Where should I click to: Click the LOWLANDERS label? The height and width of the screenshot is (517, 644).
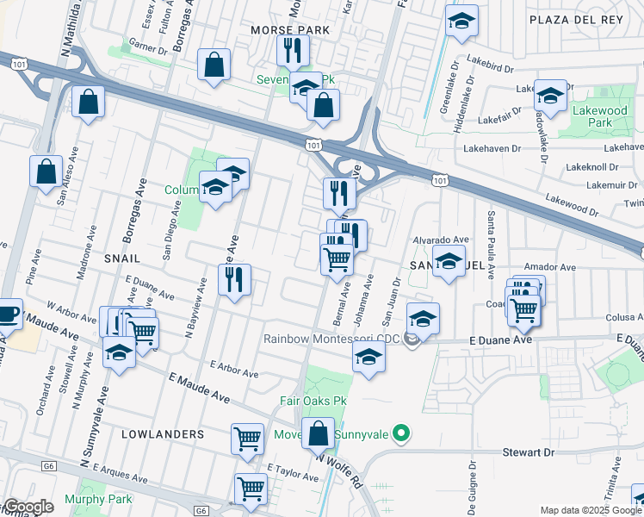pyautogui.click(x=164, y=434)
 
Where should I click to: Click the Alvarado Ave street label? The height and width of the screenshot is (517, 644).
pyautogui.click(x=440, y=240)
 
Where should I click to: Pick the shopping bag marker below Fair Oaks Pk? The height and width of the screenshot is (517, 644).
pyautogui.click(x=319, y=433)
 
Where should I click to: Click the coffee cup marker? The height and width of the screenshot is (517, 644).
pyautogui.click(x=7, y=313)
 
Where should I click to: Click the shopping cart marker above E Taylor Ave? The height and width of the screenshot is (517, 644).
pyautogui.click(x=248, y=438)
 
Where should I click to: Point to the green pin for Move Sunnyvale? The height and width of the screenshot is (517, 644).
pyautogui.click(x=399, y=432)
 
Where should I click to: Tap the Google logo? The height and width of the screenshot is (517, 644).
pyautogui.click(x=28, y=508)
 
